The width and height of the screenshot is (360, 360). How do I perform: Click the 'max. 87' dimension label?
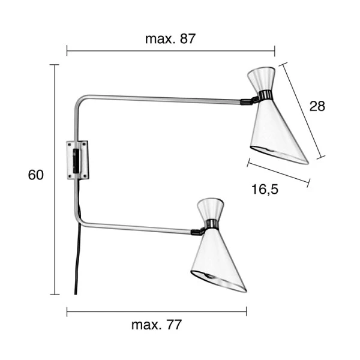[170, 39]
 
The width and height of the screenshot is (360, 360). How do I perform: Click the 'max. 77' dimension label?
[156, 325]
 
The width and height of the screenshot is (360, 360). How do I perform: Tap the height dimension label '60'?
[36, 175]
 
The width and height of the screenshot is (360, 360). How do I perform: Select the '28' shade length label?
[317, 106]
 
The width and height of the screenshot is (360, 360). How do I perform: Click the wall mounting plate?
[78, 160]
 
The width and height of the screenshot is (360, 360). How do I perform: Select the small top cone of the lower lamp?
[209, 209]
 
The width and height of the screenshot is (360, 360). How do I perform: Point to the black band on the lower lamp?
[211, 226]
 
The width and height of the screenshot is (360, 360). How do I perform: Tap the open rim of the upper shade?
[278, 154]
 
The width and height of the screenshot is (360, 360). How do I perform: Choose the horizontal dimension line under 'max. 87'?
[170, 52]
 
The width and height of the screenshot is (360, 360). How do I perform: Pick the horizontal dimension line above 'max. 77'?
[156, 311]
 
